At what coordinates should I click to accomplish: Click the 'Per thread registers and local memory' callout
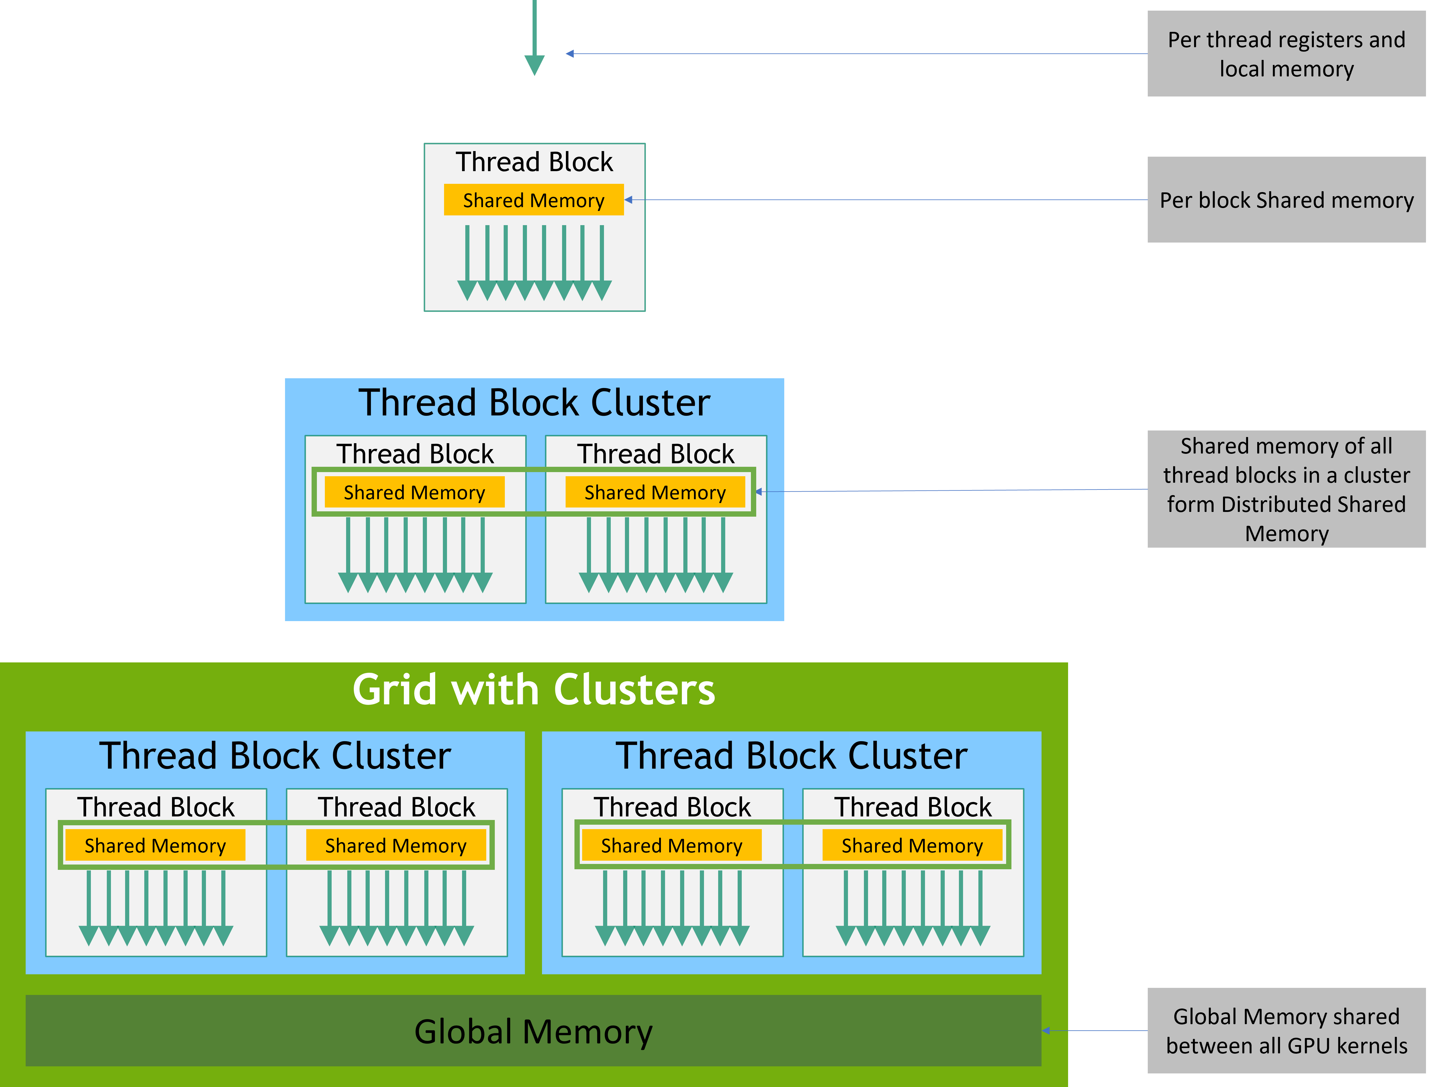1286,54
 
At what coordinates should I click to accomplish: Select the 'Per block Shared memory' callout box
1286,200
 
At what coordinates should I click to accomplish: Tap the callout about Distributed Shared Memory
1286,489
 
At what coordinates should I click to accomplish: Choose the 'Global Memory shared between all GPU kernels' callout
1286,1031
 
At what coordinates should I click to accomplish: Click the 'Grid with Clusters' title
534,690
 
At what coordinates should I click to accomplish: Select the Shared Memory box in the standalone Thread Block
534,200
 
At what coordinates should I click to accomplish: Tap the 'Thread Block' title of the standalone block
534,162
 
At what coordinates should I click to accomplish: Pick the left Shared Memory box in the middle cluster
414,492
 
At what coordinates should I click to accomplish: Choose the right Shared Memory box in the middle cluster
655,492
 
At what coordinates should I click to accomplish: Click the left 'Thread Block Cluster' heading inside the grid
275,756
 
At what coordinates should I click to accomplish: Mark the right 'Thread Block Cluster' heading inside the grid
791,756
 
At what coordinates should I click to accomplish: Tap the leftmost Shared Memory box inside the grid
155,846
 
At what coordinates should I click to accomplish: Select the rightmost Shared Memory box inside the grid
912,846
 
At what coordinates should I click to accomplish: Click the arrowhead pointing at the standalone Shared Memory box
628,200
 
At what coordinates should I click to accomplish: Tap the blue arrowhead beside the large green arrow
570,54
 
